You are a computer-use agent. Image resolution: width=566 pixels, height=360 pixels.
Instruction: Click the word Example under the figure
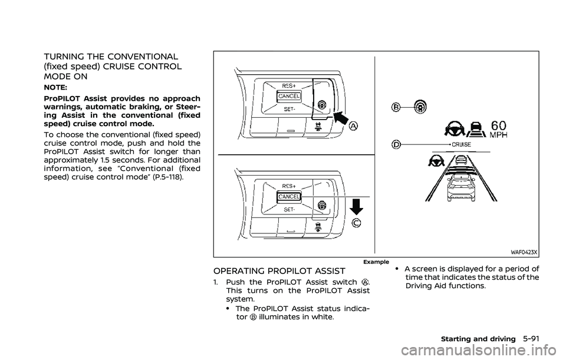tap(376, 261)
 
